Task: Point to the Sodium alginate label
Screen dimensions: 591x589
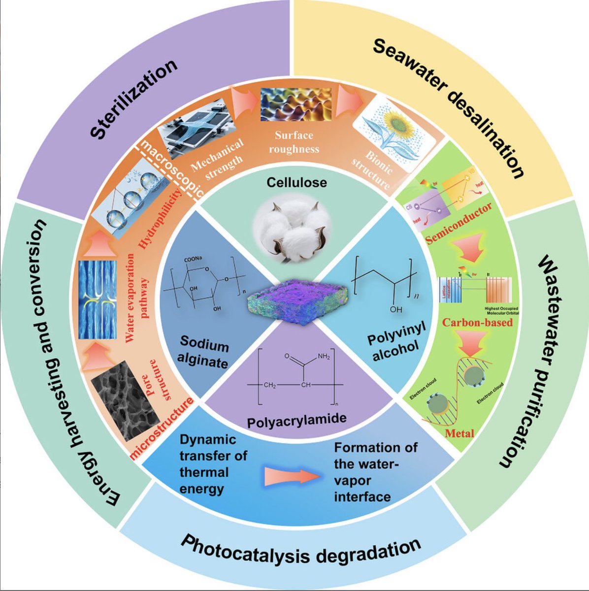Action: [x=204, y=352]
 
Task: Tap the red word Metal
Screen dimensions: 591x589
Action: [x=459, y=433]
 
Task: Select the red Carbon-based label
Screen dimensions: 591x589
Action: [x=477, y=323]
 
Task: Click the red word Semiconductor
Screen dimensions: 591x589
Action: [x=458, y=224]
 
